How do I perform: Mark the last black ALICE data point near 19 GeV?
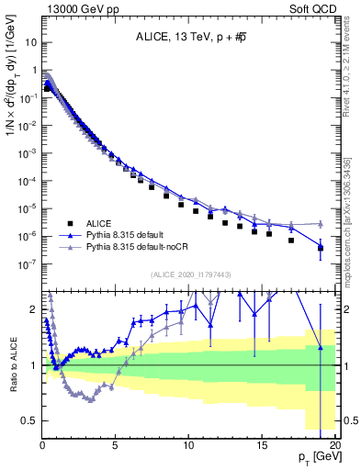click(x=321, y=248)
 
